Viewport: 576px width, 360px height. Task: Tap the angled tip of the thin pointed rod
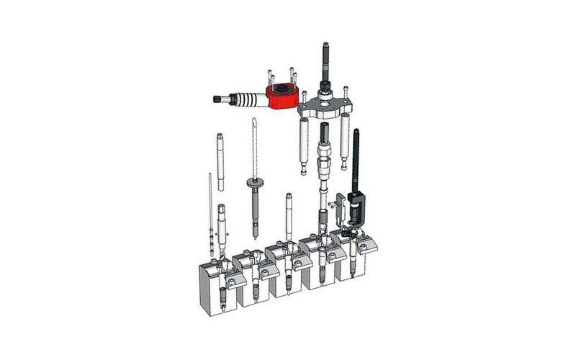pos(253,124)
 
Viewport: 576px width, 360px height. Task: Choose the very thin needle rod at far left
pos(209,205)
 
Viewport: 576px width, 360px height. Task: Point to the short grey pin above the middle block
pos(289,213)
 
